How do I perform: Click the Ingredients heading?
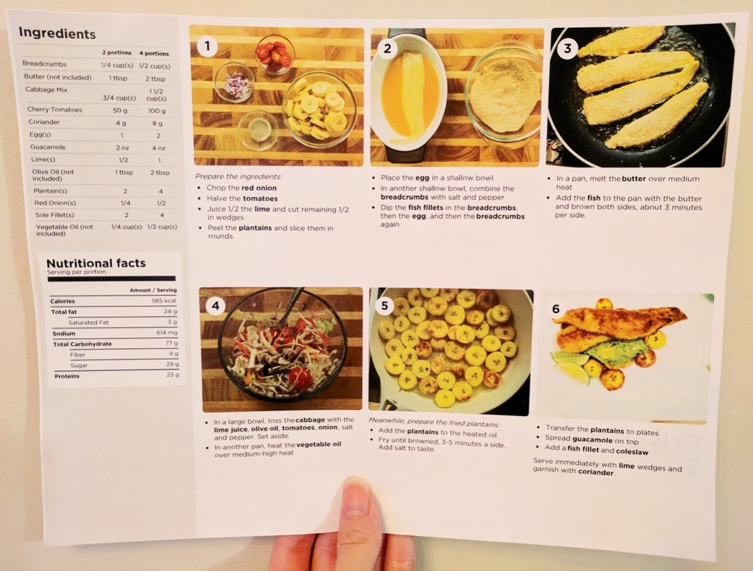click(57, 34)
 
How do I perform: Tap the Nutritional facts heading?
click(96, 263)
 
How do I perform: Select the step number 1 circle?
click(207, 46)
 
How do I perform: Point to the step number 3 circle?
click(567, 48)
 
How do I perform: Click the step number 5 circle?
click(385, 305)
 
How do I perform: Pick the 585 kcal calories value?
click(164, 301)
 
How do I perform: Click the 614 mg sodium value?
click(167, 333)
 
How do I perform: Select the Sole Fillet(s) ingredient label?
click(55, 215)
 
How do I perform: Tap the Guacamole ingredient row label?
click(48, 147)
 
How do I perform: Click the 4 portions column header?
click(154, 53)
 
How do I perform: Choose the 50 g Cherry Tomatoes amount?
click(120, 110)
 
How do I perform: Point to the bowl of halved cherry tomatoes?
click(275, 54)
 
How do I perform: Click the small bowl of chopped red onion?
click(234, 82)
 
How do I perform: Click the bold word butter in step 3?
click(634, 179)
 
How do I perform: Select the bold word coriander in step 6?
click(595, 472)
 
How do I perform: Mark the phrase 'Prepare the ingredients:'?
click(238, 177)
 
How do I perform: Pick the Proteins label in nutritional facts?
click(67, 376)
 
